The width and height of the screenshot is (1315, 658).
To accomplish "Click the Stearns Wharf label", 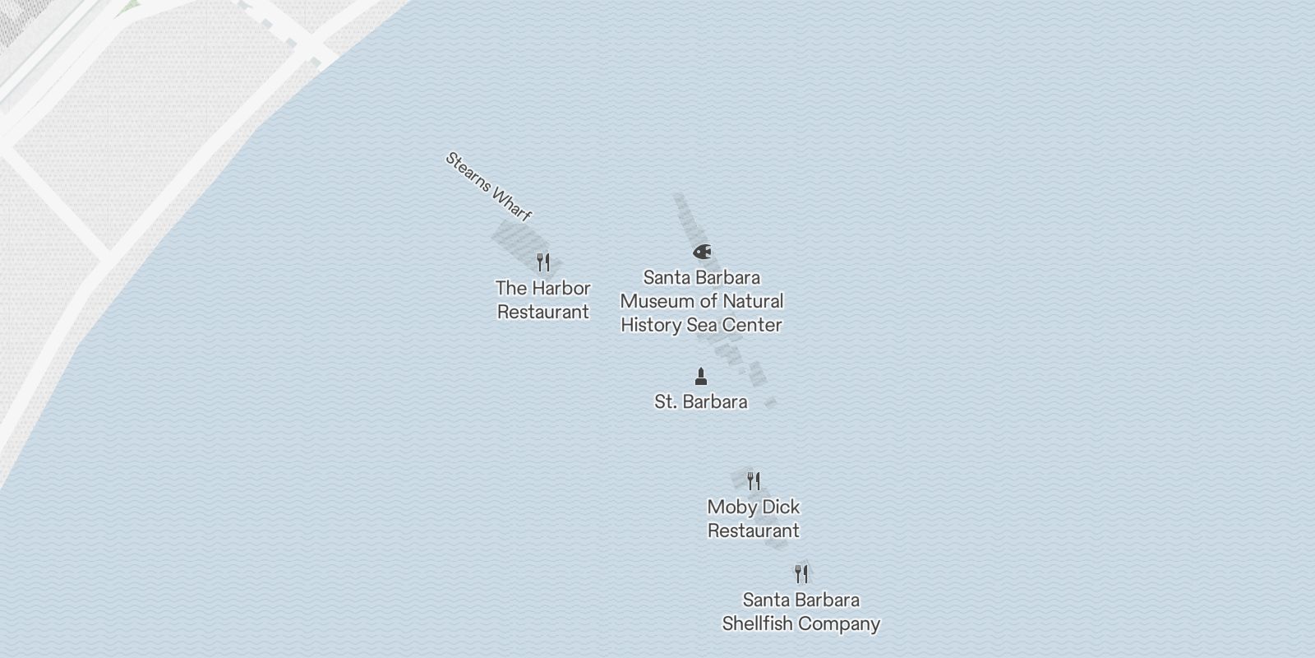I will [488, 187].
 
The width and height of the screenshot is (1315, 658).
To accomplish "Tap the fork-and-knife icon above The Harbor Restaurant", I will [542, 262].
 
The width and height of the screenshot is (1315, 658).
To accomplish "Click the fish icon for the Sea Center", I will [701, 252].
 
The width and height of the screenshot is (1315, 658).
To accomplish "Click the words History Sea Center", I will [701, 325].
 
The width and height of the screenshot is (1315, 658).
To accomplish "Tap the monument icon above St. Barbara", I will [701, 377].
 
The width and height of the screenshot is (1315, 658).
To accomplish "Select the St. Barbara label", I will [701, 402].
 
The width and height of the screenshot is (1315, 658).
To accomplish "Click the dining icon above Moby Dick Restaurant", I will [754, 480].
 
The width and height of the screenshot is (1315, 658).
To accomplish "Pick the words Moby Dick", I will [754, 507].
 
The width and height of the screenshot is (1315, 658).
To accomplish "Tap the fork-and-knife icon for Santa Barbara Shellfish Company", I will [801, 573].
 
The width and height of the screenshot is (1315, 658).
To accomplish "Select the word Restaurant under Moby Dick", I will [754, 531].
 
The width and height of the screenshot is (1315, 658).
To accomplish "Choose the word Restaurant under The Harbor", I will [543, 313].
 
